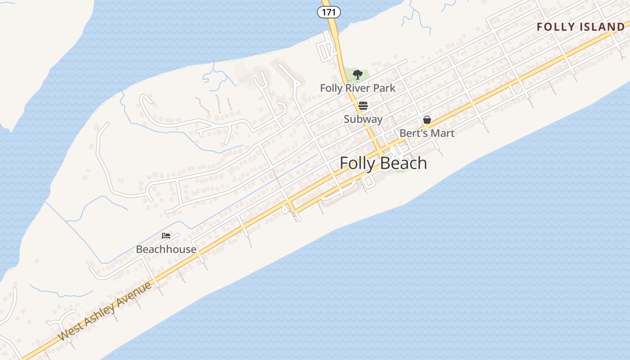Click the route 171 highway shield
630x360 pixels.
coord(329,12)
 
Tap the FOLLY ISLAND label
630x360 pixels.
coord(580,27)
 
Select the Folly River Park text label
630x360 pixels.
coord(357,88)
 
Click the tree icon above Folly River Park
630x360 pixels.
coord(357,75)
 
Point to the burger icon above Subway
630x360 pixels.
coord(363,106)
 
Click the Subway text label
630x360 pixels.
coord(363,119)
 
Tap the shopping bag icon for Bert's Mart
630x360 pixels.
coord(427,120)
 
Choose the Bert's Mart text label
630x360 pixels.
coord(427,133)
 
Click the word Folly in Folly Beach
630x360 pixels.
coord(357,163)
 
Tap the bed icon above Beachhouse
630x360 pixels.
coord(166,235)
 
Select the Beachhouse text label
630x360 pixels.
coord(166,249)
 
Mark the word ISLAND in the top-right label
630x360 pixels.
coord(602,27)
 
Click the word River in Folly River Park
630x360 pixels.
coord(358,88)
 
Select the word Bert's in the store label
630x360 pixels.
coord(413,133)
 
